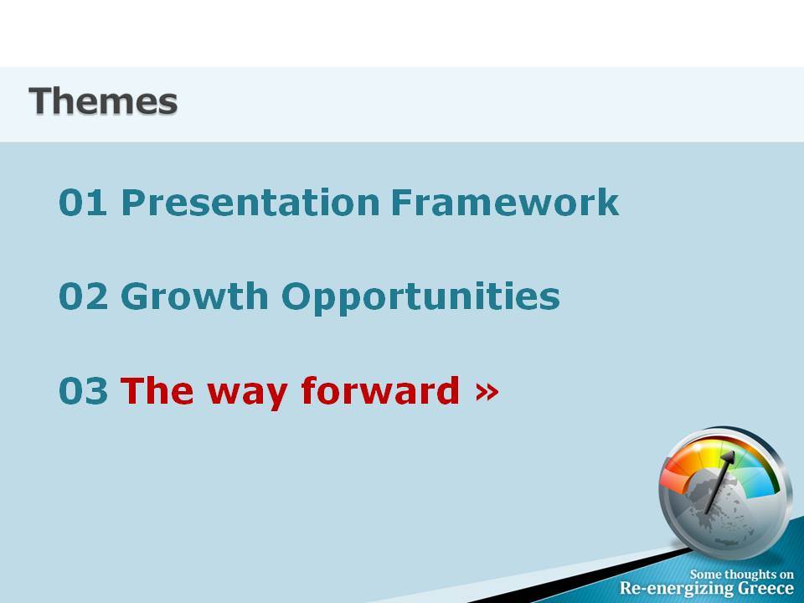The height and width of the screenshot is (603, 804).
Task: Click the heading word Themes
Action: click(x=103, y=101)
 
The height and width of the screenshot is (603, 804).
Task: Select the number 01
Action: click(x=83, y=202)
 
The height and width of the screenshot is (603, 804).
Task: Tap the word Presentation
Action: click(x=250, y=202)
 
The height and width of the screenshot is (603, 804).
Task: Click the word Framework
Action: click(x=505, y=202)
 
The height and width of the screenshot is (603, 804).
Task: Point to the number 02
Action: click(x=84, y=296)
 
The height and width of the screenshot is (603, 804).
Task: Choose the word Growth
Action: click(x=194, y=296)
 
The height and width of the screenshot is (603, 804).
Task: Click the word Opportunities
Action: click(x=420, y=297)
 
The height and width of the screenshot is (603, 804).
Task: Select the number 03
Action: click(x=83, y=391)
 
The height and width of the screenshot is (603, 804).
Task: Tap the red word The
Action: click(x=157, y=391)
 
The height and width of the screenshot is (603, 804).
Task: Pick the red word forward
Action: click(x=380, y=390)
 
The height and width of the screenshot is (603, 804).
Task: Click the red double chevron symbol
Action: click(x=487, y=392)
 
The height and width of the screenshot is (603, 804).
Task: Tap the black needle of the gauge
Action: click(x=720, y=482)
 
